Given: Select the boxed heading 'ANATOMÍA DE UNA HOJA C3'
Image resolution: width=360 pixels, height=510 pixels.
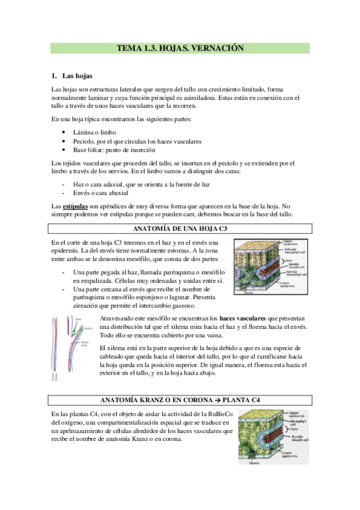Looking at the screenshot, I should coord(180,229).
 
